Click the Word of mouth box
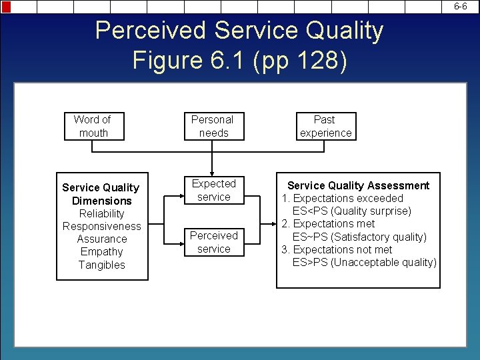tap(93, 126)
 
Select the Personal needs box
tap(212, 126)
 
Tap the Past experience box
tap(325, 126)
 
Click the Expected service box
tap(213, 190)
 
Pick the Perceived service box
tap(213, 242)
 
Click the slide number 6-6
tap(461, 6)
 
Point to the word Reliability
tap(101, 213)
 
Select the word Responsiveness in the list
tap(101, 226)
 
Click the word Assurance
tap(101, 239)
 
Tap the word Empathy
tap(101, 251)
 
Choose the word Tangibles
tap(101, 265)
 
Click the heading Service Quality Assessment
tap(358, 185)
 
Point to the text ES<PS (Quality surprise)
tap(351, 211)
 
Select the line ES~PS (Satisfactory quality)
tap(359, 237)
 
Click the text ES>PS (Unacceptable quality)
tap(364, 262)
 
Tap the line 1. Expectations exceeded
tap(342, 198)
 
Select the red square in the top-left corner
tap(6, 7)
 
